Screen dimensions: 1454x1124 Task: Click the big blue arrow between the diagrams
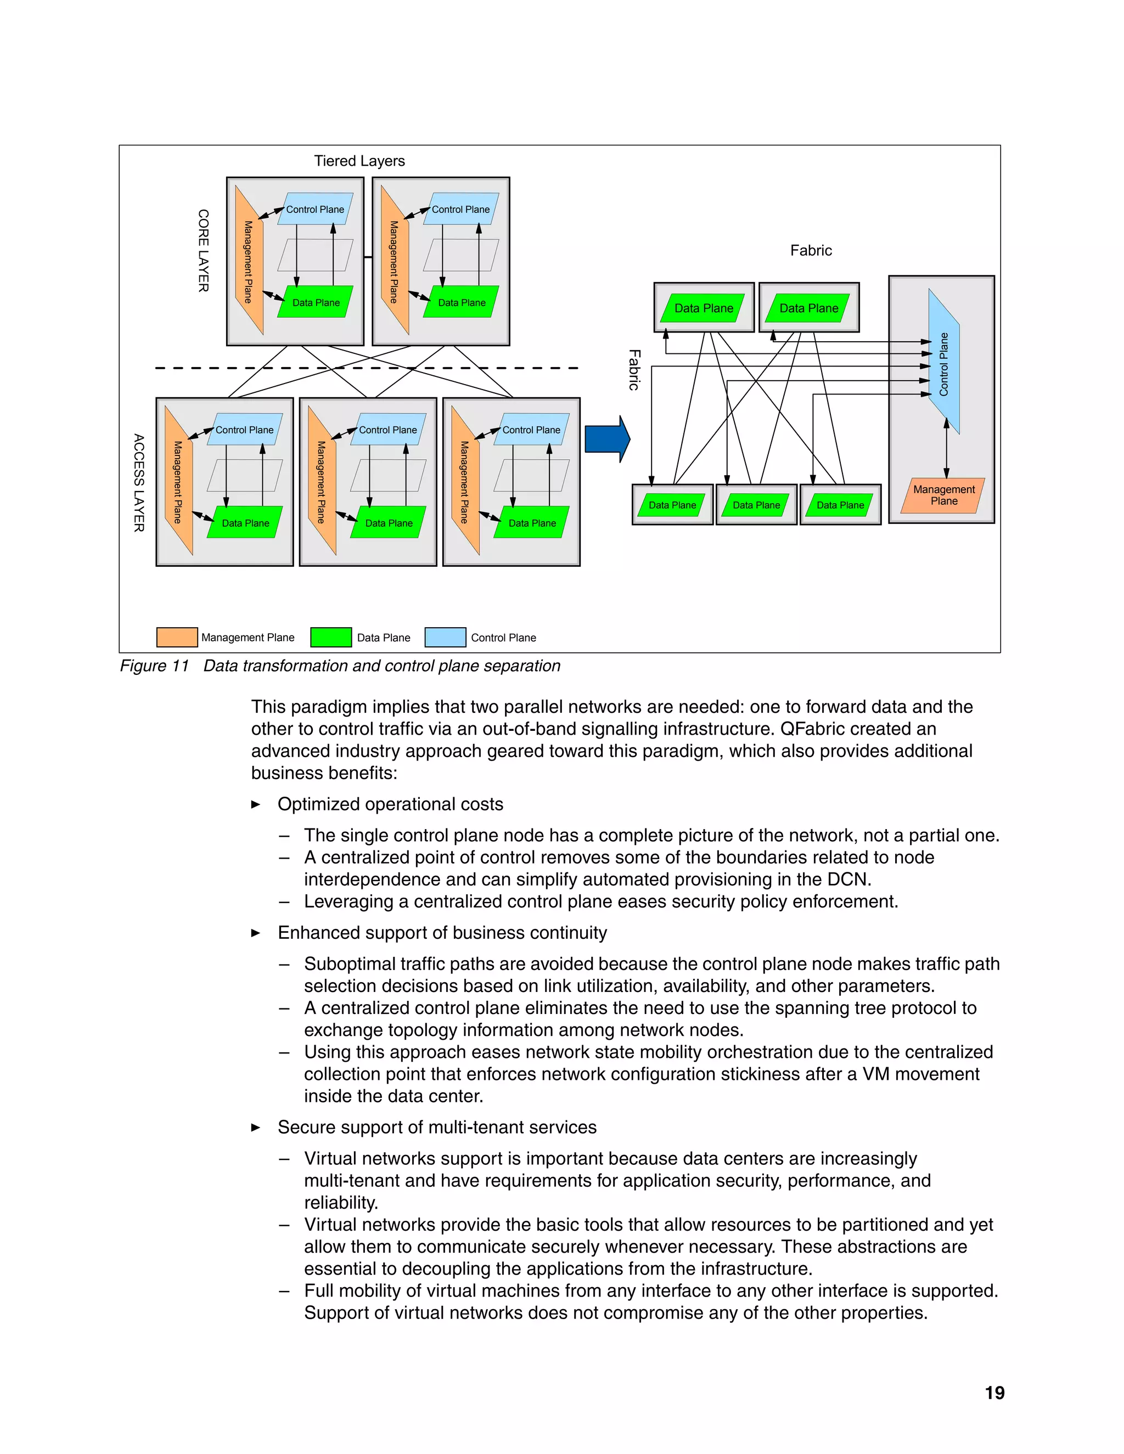click(606, 439)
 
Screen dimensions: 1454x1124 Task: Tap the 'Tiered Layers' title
click(359, 161)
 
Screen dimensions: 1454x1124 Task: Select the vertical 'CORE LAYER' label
click(203, 250)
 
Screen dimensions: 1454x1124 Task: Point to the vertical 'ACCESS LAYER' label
click(138, 483)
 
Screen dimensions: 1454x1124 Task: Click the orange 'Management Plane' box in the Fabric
click(943, 495)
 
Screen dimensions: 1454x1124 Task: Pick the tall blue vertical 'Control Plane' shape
click(943, 363)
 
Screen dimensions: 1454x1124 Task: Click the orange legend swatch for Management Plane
click(177, 637)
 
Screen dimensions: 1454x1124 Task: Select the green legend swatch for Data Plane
click(331, 637)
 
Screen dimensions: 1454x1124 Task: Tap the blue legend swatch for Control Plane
click(445, 637)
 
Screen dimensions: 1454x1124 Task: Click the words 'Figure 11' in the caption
click(154, 666)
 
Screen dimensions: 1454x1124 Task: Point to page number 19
click(994, 1393)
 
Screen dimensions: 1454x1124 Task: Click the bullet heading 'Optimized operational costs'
click(390, 804)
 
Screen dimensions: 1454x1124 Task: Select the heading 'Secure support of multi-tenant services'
click(437, 1127)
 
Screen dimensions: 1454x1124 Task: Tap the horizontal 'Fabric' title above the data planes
click(811, 251)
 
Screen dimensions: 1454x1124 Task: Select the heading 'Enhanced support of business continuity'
click(442, 933)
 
